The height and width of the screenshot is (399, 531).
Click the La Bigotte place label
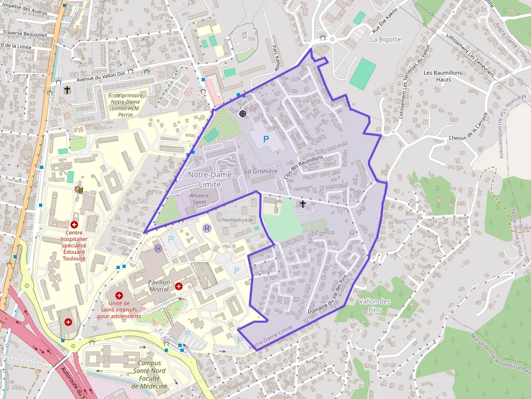(385, 40)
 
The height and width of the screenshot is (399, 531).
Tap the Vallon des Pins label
(374, 305)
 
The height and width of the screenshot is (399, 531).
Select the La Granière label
(261, 172)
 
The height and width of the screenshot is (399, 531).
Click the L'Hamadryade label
(236, 220)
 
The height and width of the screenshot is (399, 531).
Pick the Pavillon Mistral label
(159, 286)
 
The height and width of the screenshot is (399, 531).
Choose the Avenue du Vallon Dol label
(100, 76)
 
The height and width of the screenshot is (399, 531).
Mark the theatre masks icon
(79, 189)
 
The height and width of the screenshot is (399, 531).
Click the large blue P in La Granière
(266, 140)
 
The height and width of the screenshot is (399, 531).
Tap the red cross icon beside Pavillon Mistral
(178, 286)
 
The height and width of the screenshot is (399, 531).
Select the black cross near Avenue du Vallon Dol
(67, 89)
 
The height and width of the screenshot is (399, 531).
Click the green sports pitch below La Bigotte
(362, 74)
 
